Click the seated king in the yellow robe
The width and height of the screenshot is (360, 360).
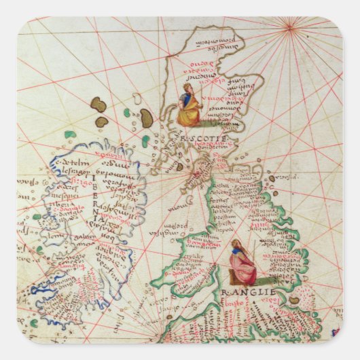[189, 109]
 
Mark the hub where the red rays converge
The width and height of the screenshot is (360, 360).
[291, 27]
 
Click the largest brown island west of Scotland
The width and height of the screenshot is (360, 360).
[146, 118]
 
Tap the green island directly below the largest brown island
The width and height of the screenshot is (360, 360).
[145, 141]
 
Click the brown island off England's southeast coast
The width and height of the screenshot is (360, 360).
[294, 300]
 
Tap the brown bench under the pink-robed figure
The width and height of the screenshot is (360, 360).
[234, 278]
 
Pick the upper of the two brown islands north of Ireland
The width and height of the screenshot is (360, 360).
[98, 104]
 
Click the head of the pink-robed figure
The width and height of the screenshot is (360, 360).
[236, 243]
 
